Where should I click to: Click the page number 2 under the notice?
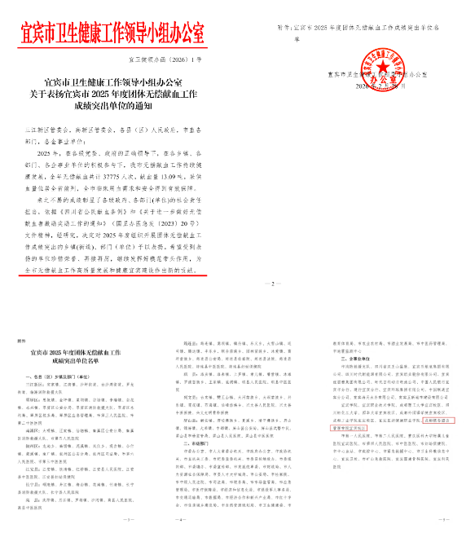point(269,284)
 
